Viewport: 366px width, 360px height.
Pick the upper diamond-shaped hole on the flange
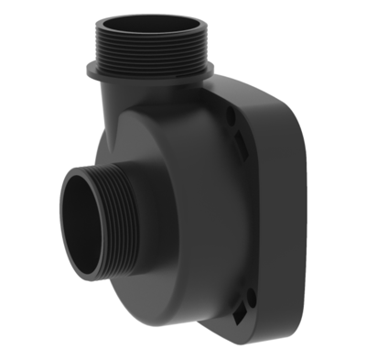coord(241,140)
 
